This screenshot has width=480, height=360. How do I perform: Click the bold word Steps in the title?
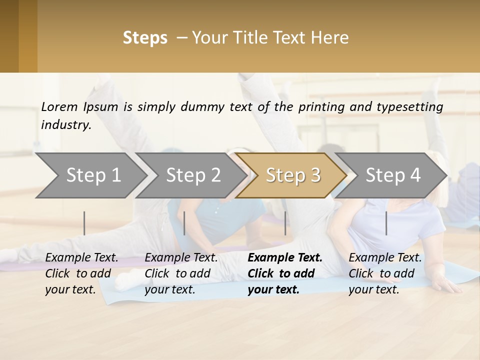[145, 38]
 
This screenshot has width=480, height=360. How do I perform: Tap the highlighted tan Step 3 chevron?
[293, 175]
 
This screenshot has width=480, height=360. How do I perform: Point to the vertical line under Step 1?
[84, 223]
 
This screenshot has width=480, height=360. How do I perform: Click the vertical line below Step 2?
[184, 223]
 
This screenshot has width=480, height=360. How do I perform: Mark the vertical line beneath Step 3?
[285, 223]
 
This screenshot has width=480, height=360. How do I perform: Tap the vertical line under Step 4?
[386, 223]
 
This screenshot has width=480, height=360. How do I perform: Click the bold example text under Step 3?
[285, 273]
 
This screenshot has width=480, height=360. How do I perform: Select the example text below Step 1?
[81, 273]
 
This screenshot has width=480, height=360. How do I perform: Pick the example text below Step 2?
[181, 273]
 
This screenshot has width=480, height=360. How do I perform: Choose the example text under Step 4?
[385, 273]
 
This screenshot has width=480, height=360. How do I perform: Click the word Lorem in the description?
[59, 107]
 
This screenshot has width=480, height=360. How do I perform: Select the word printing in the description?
[322, 107]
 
